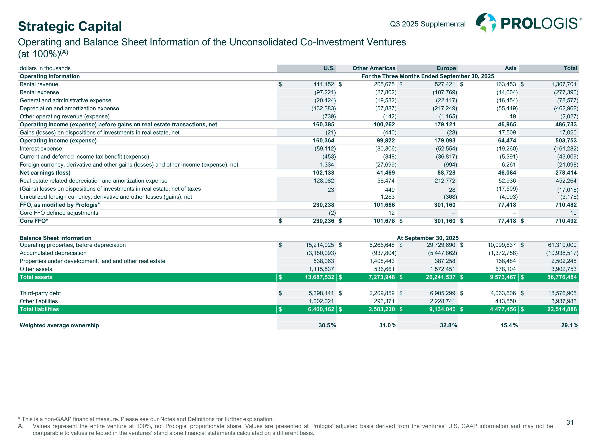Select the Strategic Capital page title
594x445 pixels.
(70, 26)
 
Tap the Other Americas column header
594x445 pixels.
(374, 68)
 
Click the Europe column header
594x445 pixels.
(446, 68)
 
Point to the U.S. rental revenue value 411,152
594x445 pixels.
(323, 84)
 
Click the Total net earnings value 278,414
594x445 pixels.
(566, 173)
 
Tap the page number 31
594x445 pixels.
(570, 422)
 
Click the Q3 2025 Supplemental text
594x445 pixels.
(427, 24)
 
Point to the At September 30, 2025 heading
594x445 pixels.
(427, 238)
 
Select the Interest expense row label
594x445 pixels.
(41, 149)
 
